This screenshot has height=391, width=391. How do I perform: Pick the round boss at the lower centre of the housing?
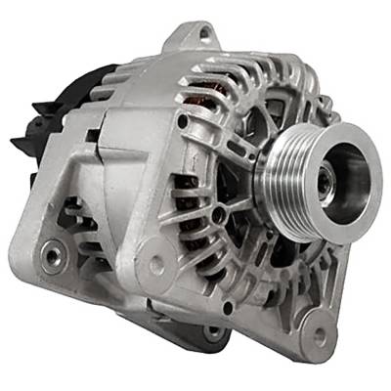point(156,263)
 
